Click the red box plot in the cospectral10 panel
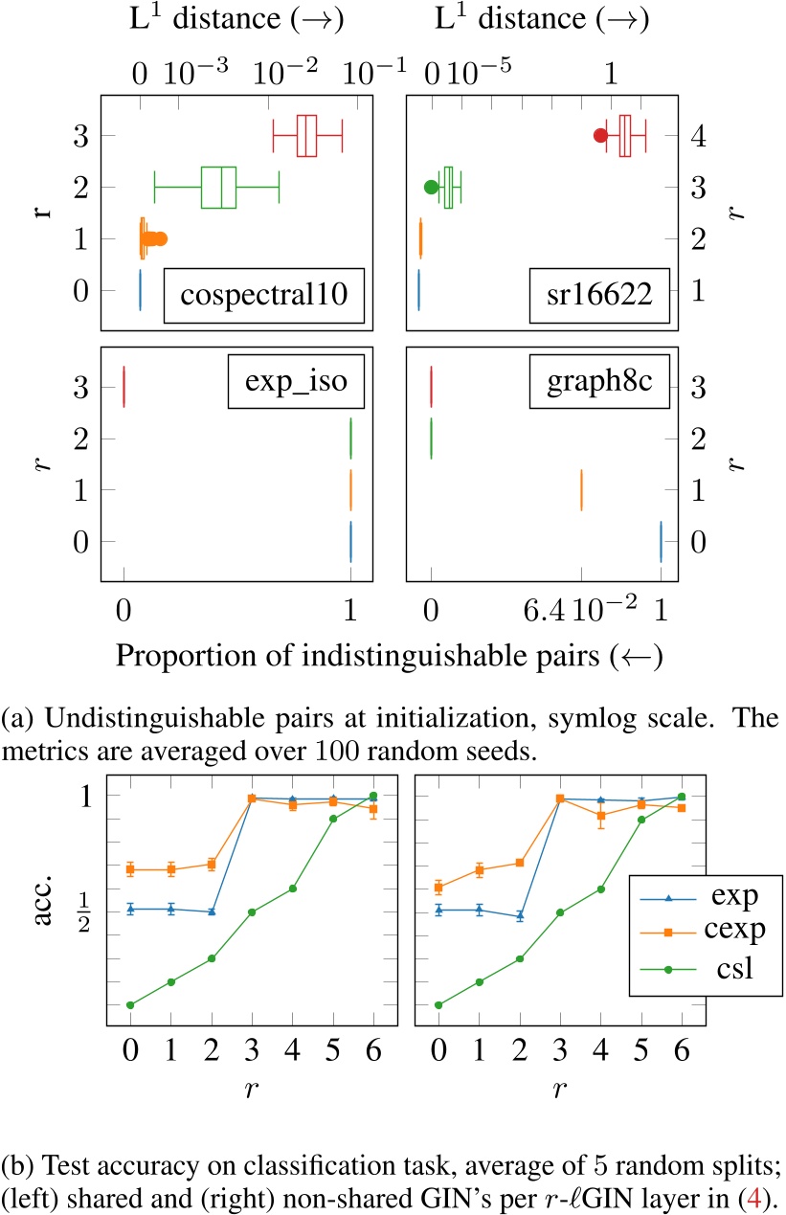tap(306, 135)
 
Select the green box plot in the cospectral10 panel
tap(219, 187)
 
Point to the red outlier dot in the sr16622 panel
tap(600, 135)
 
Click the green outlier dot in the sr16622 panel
tap(431, 187)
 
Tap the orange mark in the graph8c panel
tap(581, 490)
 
